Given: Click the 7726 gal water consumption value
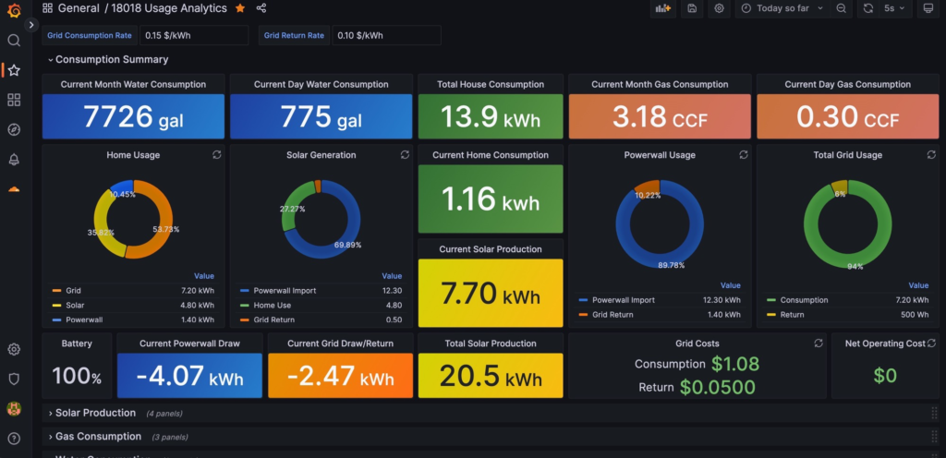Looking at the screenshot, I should [x=132, y=117].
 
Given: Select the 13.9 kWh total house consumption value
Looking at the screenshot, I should [x=491, y=117].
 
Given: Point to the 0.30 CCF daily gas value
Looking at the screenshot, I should [x=847, y=117].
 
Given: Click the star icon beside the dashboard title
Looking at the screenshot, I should [x=240, y=8].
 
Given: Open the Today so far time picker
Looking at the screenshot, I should [x=781, y=8].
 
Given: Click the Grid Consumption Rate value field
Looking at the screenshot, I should [x=193, y=35].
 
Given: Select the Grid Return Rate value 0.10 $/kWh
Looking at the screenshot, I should [x=385, y=35].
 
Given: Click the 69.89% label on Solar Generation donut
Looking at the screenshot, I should [x=347, y=246].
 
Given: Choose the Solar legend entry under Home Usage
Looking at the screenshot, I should [x=75, y=305].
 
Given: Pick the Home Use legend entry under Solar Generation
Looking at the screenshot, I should [x=272, y=305].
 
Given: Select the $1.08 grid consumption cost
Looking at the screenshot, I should [x=735, y=364].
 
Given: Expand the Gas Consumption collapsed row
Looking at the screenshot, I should [x=98, y=437].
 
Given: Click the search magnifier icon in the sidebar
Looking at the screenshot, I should [x=14, y=41].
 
